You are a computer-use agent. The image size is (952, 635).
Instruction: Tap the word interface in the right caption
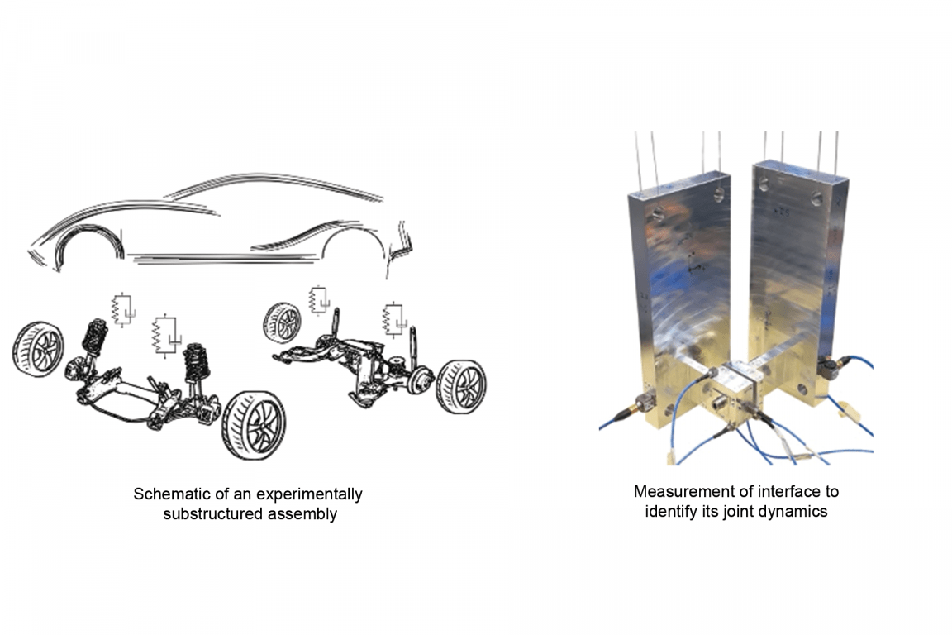click(780, 491)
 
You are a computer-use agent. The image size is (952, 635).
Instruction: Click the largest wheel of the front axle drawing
click(254, 425)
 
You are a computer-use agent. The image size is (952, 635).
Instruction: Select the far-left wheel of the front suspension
click(38, 350)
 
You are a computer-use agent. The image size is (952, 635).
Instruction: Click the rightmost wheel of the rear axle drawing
click(461, 387)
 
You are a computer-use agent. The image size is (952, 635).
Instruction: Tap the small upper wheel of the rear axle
click(283, 322)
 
